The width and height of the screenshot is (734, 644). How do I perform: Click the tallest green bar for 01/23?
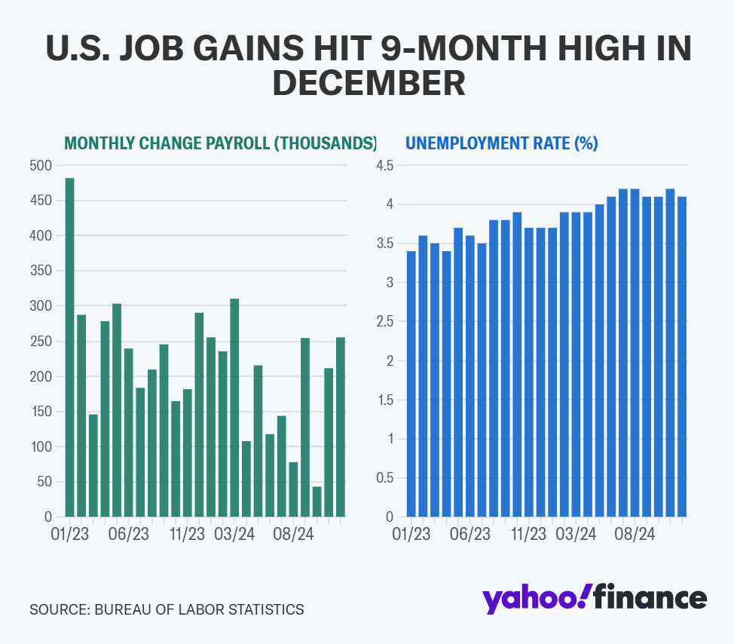click(x=70, y=347)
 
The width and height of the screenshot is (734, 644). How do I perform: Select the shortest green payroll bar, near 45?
click(x=317, y=501)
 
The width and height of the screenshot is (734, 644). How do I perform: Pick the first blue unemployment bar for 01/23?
click(x=411, y=384)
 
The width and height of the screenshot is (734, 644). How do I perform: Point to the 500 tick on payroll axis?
click(x=42, y=166)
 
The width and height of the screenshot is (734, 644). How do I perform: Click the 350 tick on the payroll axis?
click(x=42, y=271)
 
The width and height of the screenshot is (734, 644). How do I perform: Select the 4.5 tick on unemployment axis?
click(x=385, y=166)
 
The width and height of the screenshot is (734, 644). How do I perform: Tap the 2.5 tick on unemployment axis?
click(x=385, y=322)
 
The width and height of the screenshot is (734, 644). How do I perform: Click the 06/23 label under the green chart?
click(x=129, y=535)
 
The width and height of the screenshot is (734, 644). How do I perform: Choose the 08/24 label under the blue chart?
click(x=635, y=535)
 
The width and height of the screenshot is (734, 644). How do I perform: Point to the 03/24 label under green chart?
click(x=234, y=535)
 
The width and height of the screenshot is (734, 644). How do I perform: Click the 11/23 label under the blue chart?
click(x=528, y=535)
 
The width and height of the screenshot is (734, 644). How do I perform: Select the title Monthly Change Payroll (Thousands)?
click(x=220, y=143)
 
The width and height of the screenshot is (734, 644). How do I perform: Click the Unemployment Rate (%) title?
click(x=502, y=143)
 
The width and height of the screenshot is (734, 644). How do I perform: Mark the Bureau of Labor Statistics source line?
click(x=167, y=609)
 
